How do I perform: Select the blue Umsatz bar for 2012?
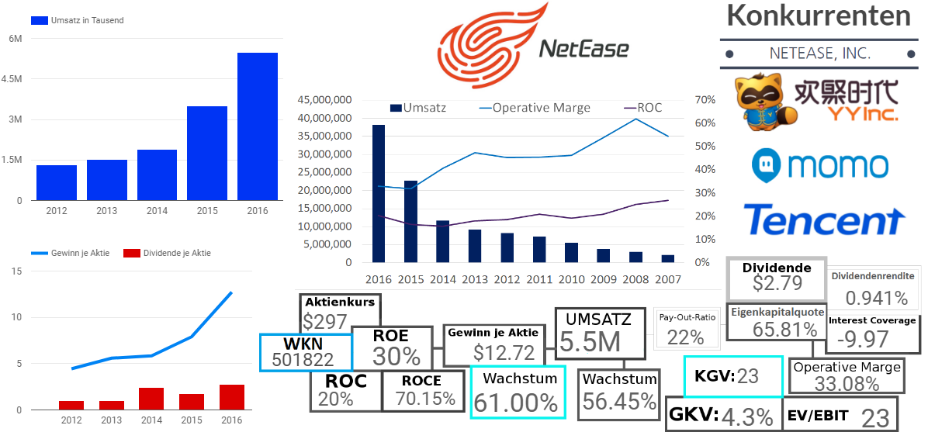click(x=57, y=183)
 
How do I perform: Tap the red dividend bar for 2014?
click(x=151, y=399)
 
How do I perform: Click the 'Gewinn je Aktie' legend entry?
click(x=74, y=253)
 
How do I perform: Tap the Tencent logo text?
click(x=823, y=220)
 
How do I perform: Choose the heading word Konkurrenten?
click(x=818, y=16)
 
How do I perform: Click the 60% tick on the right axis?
click(x=705, y=123)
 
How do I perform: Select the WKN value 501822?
click(x=303, y=359)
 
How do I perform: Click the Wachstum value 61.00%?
click(x=516, y=403)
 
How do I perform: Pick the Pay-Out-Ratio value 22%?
click(x=685, y=337)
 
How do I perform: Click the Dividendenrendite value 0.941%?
click(x=876, y=298)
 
